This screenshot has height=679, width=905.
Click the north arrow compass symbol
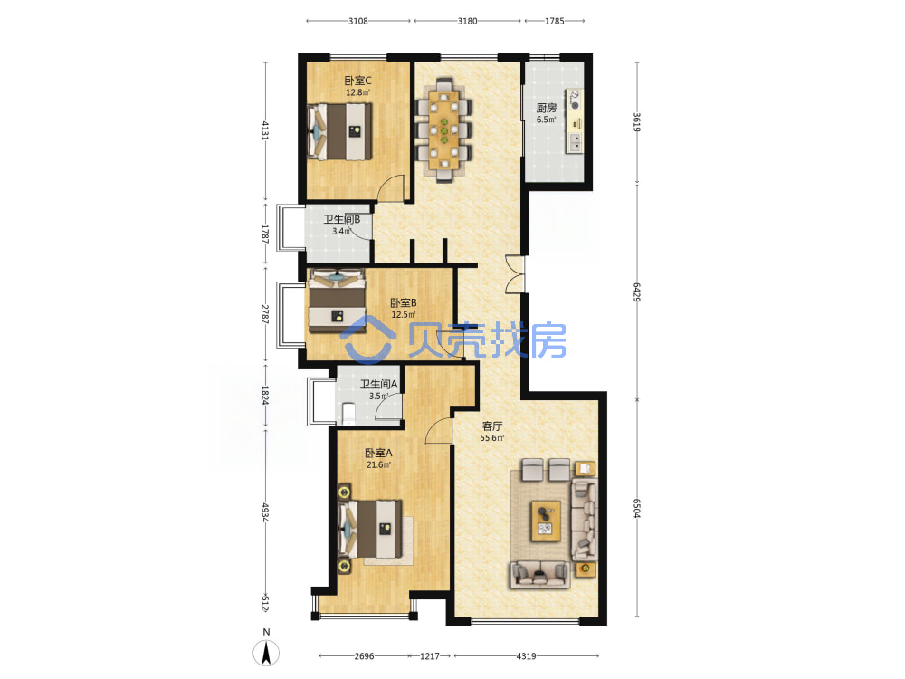pyautogui.click(x=266, y=653)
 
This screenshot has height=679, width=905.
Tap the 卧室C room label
pyautogui.click(x=357, y=81)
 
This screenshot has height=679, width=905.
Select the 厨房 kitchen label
pyautogui.click(x=546, y=108)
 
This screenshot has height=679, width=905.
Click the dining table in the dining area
pyautogui.click(x=443, y=130)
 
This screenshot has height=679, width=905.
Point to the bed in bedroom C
pyautogui.click(x=339, y=131)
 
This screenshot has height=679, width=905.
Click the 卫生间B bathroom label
pyautogui.click(x=342, y=219)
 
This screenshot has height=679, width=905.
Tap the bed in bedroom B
pyautogui.click(x=337, y=301)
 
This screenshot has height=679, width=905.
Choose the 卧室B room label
pyautogui.click(x=404, y=302)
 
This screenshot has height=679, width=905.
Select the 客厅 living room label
pyautogui.click(x=491, y=426)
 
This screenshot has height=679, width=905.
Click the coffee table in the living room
pyautogui.click(x=546, y=521)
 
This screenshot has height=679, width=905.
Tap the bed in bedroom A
pyautogui.click(x=370, y=529)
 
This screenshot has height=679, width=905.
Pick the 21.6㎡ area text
pyautogui.click(x=378, y=464)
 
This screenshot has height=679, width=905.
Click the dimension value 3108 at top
pyautogui.click(x=357, y=21)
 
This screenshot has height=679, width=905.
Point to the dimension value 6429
pyautogui.click(x=636, y=292)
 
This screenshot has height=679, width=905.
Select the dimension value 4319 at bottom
pyautogui.click(x=526, y=655)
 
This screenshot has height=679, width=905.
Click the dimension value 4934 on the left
pyautogui.click(x=265, y=512)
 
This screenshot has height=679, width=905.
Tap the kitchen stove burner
pyautogui.click(x=575, y=105)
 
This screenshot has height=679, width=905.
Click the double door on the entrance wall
pyautogui.click(x=516, y=273)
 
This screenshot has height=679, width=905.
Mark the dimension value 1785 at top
pyautogui.click(x=554, y=21)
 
